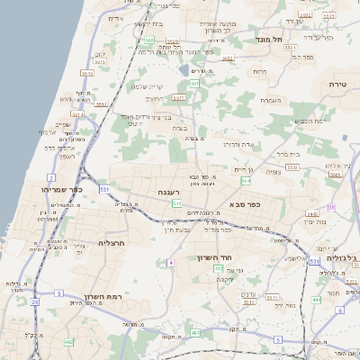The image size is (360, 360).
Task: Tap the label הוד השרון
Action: click(214, 257)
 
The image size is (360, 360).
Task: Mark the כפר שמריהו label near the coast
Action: click(61, 190)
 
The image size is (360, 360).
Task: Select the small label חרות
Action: click(260, 71)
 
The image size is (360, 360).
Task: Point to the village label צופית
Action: click(274, 172)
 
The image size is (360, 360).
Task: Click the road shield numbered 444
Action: click(317, 299)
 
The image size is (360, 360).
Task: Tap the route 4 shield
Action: click(169, 263)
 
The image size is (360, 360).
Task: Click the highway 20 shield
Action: click(35, 302)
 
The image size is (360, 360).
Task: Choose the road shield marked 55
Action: click(331, 207)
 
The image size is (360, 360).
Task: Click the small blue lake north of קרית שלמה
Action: click(184, 69)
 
